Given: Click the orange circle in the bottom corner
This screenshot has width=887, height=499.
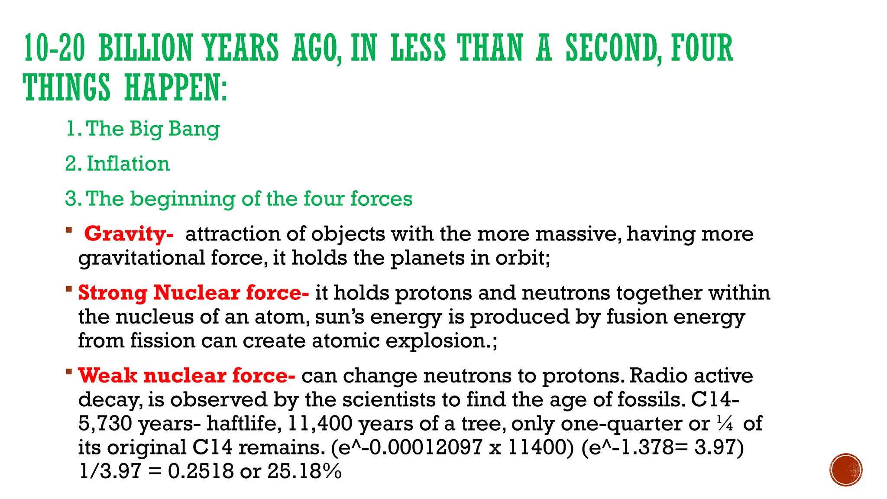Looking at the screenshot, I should [x=846, y=470].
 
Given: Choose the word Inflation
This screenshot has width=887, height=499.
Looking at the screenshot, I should [x=128, y=164].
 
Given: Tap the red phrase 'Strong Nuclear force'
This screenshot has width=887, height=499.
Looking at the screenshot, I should [x=193, y=293].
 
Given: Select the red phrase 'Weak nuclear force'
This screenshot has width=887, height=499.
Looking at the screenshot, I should [x=187, y=376].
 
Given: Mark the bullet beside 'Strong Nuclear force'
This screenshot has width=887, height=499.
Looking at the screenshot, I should [x=69, y=288].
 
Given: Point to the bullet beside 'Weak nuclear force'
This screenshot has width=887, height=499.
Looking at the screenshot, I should [x=69, y=371].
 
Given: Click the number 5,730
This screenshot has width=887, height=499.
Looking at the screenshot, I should [x=105, y=424].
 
